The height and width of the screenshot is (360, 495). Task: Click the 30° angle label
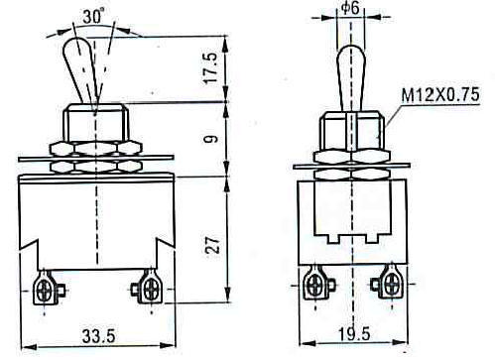pyautogui.click(x=93, y=16)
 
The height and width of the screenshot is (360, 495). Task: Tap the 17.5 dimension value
pyautogui.click(x=211, y=67)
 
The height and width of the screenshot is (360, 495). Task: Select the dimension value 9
pyautogui.click(x=213, y=138)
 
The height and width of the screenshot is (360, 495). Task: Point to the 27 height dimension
pyautogui.click(x=212, y=244)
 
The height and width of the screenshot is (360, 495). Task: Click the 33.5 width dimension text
pyautogui.click(x=99, y=336)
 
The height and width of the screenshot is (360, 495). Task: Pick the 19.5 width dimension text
pyautogui.click(x=354, y=334)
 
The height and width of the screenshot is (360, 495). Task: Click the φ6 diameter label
pyautogui.click(x=350, y=8)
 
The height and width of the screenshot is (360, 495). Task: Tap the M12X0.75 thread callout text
pyautogui.click(x=440, y=95)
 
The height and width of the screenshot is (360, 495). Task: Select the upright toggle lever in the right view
pyautogui.click(x=351, y=78)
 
